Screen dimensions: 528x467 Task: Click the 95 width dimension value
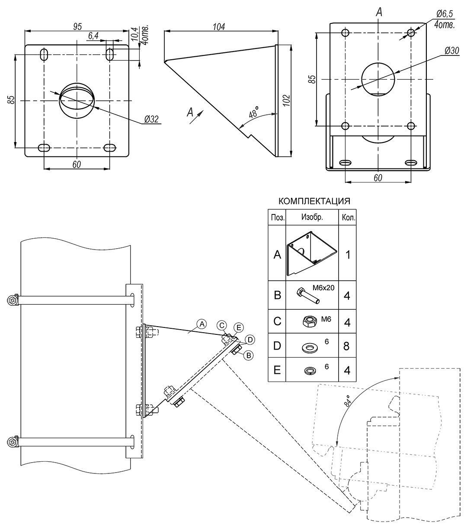77,26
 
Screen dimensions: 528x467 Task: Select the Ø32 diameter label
151,120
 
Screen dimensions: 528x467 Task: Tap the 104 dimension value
219,26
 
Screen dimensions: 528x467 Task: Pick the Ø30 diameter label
451,51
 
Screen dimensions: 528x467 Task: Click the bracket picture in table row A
311,254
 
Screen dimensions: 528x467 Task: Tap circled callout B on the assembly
248,355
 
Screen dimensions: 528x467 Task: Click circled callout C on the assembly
221,325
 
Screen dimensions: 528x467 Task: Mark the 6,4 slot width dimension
93,36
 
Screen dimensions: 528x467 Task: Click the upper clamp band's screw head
13,300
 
